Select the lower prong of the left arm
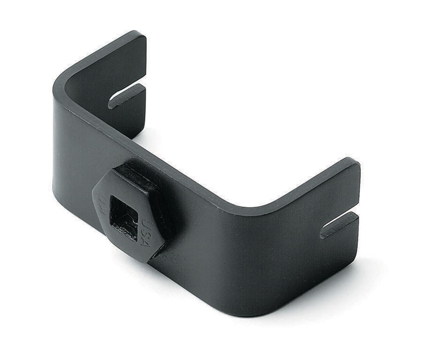pyautogui.click(x=129, y=115)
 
